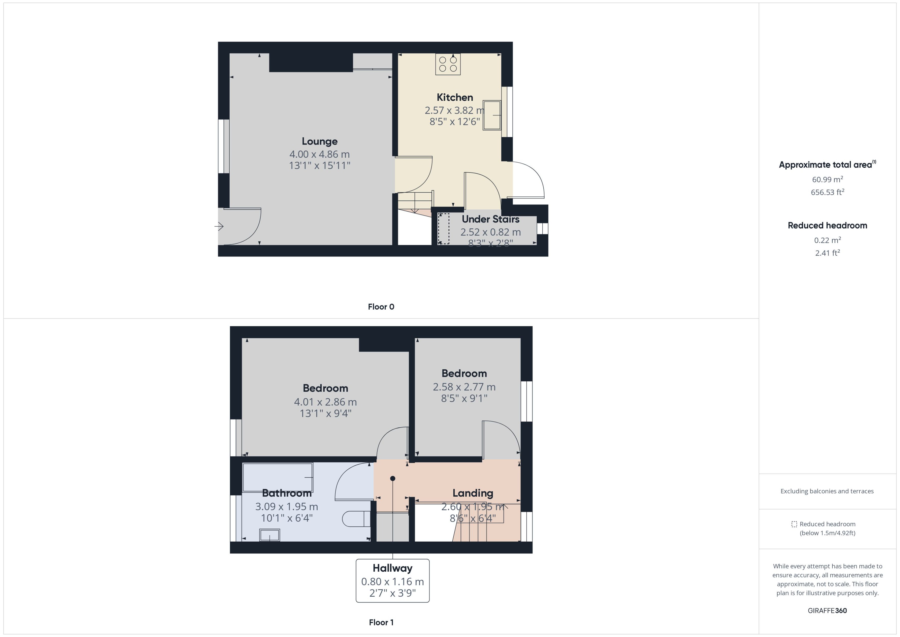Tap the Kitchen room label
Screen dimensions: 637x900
455,97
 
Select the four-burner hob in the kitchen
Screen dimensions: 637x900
448,64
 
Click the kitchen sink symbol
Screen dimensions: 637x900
492,115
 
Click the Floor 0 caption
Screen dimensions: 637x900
381,307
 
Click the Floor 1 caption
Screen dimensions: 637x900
381,622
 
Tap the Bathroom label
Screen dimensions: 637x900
287,493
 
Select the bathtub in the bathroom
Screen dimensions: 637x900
278,477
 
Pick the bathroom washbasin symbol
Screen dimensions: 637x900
269,535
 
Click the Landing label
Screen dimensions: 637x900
473,493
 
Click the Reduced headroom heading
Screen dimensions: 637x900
827,226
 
